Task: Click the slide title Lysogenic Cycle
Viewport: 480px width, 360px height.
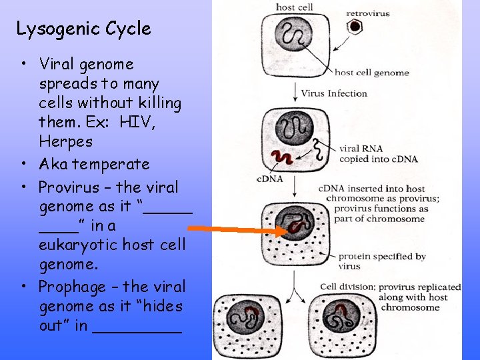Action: (83, 29)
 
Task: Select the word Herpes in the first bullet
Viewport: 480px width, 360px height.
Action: (65, 141)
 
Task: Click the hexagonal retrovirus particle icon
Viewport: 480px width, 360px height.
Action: (356, 27)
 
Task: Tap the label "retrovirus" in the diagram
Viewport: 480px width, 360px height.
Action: (368, 13)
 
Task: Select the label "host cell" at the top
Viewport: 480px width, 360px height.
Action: (294, 7)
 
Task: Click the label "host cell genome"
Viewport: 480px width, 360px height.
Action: (371, 72)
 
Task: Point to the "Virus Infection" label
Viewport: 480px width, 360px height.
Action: (334, 93)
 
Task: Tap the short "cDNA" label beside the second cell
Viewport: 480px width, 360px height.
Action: (269, 179)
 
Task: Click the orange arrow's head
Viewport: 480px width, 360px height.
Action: (284, 231)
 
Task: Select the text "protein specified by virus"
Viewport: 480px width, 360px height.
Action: (381, 261)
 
